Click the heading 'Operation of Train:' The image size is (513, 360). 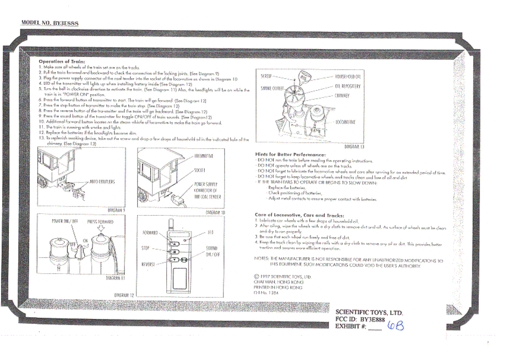(x=62, y=62)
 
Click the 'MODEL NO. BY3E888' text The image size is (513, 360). (x=50, y=23)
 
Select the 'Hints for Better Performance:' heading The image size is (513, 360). (x=290, y=154)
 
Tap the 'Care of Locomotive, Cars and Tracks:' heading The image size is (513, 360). (x=299, y=215)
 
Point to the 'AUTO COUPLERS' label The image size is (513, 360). (x=102, y=182)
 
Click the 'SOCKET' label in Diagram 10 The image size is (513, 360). (x=199, y=170)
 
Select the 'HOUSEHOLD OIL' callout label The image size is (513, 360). (x=347, y=77)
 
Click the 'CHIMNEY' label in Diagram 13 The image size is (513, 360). (x=342, y=96)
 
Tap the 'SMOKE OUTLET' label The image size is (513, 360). (x=272, y=88)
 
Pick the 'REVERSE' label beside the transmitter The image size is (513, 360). (x=148, y=264)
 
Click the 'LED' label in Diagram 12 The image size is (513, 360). (x=210, y=232)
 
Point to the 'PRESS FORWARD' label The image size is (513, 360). (x=100, y=222)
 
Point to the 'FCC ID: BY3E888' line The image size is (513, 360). (x=360, y=319)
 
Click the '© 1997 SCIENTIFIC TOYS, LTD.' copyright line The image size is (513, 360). (x=282, y=277)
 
